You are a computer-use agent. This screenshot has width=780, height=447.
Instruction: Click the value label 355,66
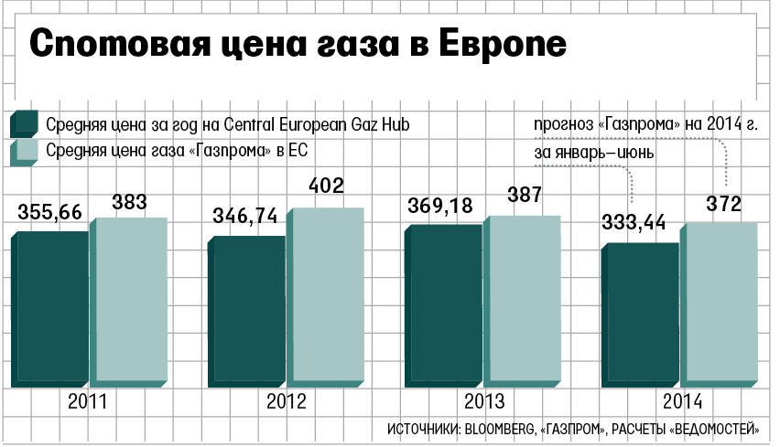tap(49, 212)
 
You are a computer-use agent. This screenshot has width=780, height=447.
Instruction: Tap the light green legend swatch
tap(24, 152)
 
